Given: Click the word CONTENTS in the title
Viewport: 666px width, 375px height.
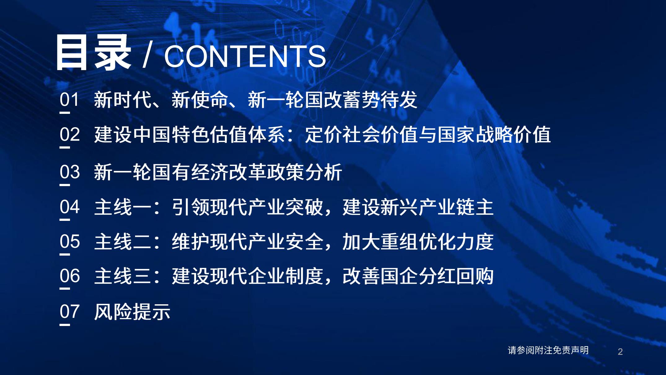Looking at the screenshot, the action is point(245,56).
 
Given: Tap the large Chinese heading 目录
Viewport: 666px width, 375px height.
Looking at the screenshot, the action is point(93,53).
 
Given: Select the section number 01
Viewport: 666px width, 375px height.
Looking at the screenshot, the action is point(69,100).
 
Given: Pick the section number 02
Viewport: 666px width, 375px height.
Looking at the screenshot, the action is point(69,135).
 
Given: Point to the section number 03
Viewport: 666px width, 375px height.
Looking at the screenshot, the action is point(69,172).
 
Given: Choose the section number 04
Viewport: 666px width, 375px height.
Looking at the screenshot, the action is point(69,207).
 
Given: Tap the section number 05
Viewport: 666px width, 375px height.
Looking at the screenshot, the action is point(69,241).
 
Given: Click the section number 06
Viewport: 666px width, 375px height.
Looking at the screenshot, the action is point(69,276).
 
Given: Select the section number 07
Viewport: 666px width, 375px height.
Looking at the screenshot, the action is point(69,311).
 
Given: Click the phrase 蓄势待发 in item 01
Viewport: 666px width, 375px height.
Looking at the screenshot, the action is point(379,100).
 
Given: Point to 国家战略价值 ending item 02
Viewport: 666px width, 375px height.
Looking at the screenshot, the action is point(494,135).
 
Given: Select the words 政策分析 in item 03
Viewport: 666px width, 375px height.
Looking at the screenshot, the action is point(305,172).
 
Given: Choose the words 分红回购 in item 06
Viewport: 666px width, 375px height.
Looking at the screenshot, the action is point(455,276).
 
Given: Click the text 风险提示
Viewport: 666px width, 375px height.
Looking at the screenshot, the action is point(132,311).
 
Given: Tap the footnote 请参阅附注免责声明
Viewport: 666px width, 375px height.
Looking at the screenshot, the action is point(548,350).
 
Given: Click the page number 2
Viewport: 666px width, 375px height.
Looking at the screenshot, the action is point(620,351).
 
